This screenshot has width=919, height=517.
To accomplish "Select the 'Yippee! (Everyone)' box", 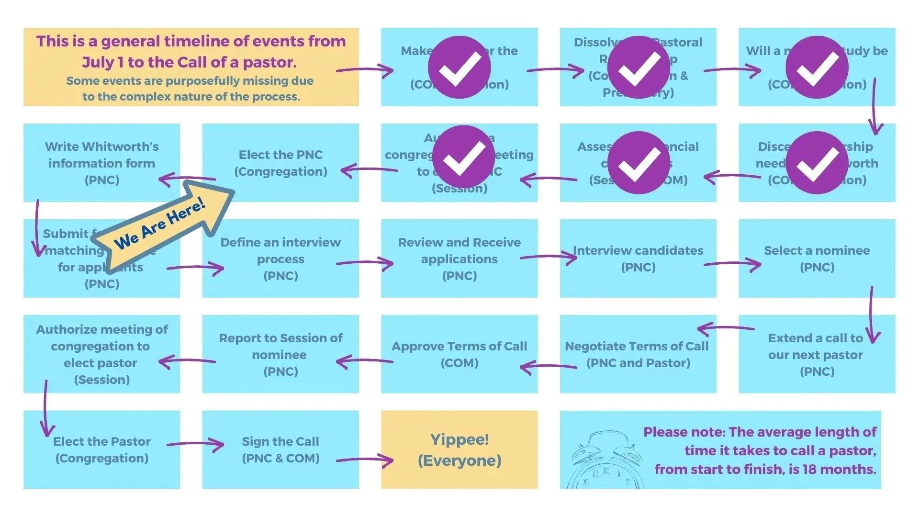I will pos(459,450).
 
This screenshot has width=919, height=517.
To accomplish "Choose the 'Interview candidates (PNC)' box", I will pos(638,258).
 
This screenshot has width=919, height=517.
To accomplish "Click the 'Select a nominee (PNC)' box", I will pos(817,258).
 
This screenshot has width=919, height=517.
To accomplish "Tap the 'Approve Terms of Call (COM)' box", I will pos(459,354).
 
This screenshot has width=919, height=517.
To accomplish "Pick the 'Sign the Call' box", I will pos(280,450).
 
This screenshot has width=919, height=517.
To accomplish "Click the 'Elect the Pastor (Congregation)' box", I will pos(101,450).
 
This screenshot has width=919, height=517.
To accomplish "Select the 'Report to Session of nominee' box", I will pos(280,354).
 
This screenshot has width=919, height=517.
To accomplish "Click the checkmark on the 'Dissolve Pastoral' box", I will pos(638,67).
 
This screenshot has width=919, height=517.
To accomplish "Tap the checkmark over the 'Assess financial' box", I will pos(638,163).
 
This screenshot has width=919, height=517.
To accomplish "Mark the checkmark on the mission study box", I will pos(817,67).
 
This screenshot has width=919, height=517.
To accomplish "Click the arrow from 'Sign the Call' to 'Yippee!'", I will pos(365,461).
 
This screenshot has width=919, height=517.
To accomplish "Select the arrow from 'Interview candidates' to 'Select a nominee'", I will pos(732,264).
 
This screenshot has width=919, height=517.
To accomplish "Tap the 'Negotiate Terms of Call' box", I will pos(638,354).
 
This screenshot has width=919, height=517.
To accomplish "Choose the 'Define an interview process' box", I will pos(280,258).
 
